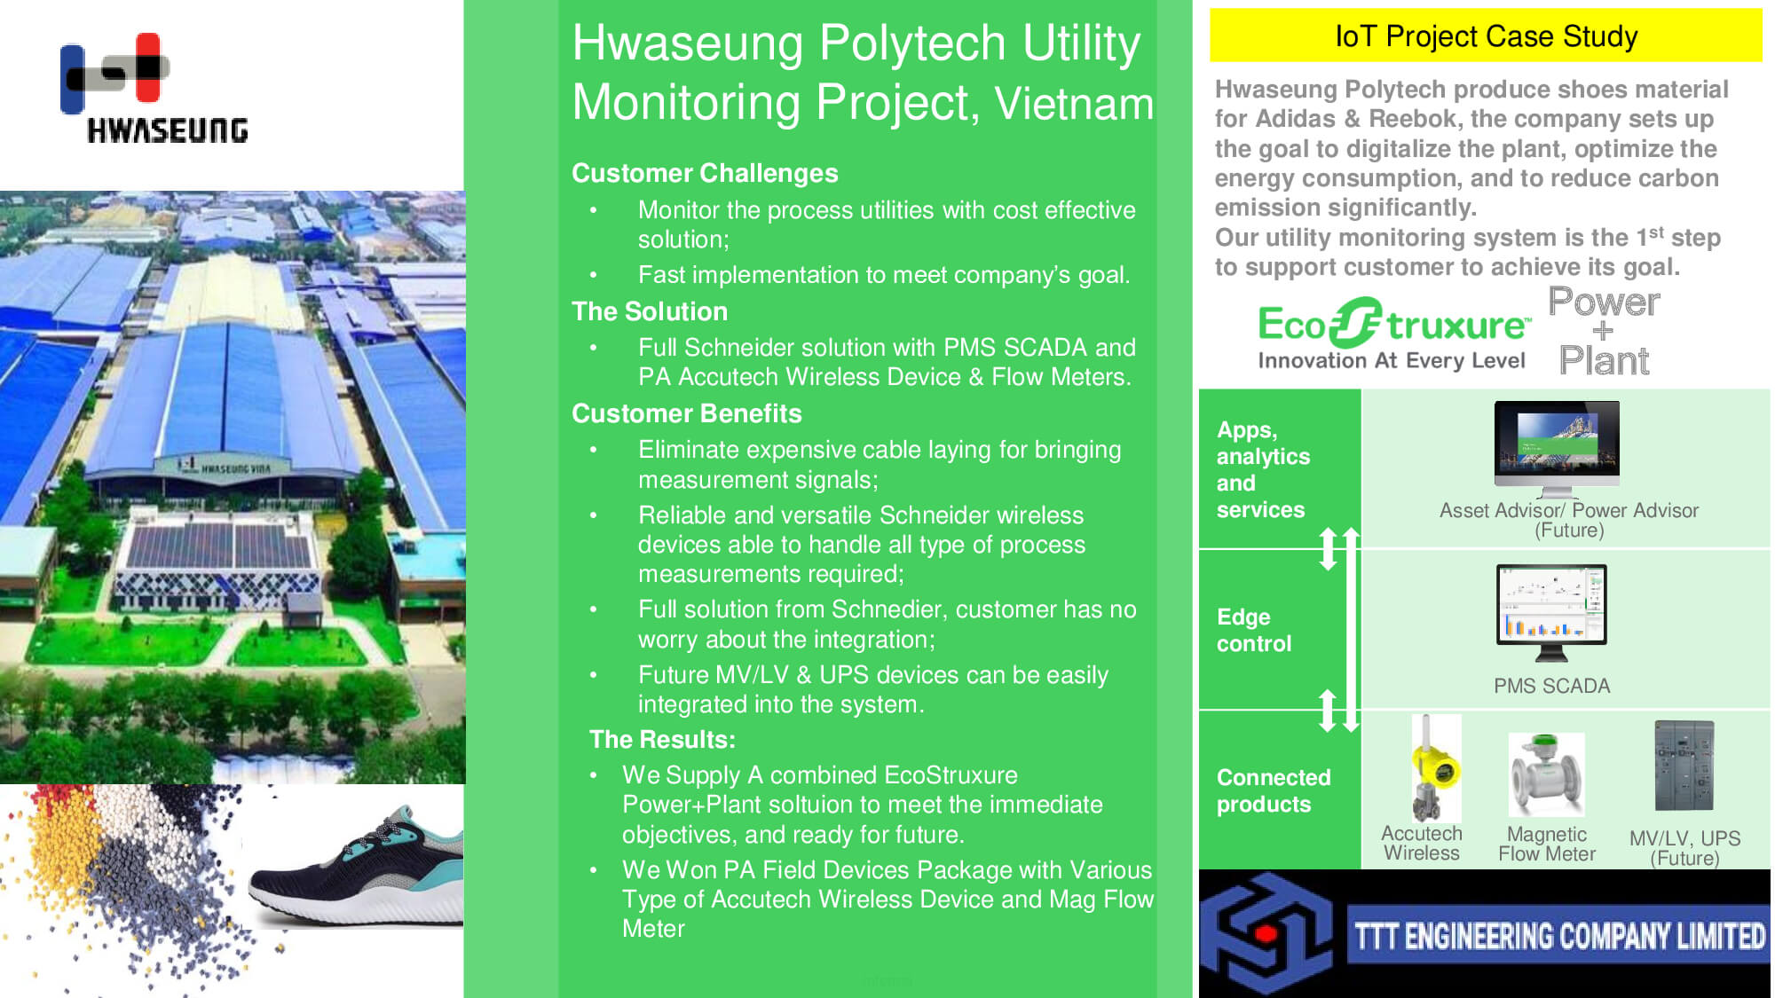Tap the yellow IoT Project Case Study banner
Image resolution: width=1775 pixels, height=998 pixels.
(x=1486, y=35)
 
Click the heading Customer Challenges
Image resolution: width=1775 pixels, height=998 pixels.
(x=705, y=173)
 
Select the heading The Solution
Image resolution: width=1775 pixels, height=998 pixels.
(x=650, y=311)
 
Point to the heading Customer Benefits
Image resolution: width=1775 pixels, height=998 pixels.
(x=686, y=413)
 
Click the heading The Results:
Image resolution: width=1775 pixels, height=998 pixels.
(x=662, y=740)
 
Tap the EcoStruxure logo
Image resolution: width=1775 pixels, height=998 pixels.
(x=1393, y=334)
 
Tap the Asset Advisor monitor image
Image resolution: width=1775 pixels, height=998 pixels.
(x=1557, y=449)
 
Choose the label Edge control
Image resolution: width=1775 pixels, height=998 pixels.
(x=1254, y=630)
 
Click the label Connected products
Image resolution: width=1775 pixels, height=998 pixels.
(x=1274, y=790)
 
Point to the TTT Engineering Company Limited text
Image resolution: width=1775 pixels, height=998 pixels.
(x=1559, y=936)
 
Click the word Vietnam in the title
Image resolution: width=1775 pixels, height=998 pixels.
(x=1074, y=103)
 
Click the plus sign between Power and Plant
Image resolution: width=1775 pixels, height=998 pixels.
(x=1603, y=332)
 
